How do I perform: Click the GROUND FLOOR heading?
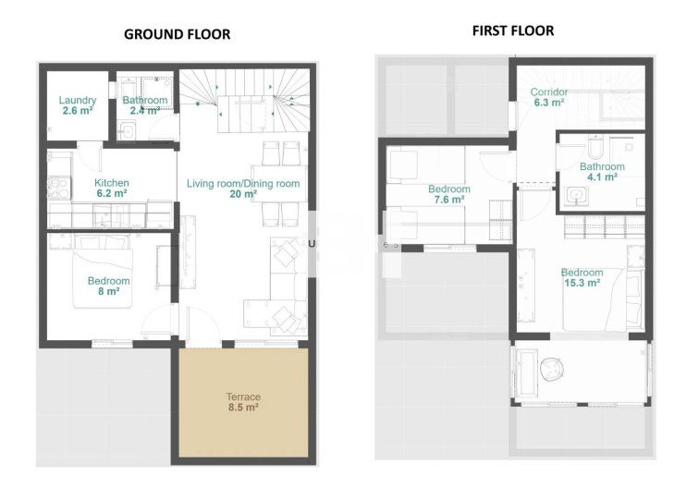(178, 34)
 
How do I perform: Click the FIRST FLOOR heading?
(513, 30)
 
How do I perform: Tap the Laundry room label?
(77, 100)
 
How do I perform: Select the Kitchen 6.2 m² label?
(112, 189)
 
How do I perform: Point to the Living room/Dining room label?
(243, 184)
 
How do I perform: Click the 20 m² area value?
(243, 195)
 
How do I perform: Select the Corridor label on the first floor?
(548, 92)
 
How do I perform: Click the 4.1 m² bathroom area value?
(602, 177)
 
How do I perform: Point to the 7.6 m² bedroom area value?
(449, 200)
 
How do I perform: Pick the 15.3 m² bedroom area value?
(582, 283)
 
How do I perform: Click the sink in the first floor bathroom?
(578, 194)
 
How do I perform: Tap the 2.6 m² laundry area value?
(77, 111)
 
